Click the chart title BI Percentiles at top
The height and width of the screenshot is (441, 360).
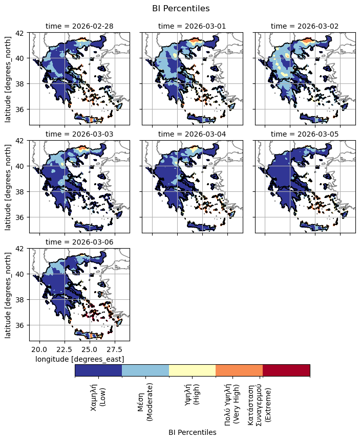click(x=181, y=8)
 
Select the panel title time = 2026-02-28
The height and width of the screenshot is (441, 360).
click(x=79, y=26)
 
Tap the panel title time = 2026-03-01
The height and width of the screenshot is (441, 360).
click(x=192, y=26)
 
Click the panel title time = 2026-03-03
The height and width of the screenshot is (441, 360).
click(x=79, y=134)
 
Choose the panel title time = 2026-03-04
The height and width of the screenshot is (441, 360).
click(x=192, y=134)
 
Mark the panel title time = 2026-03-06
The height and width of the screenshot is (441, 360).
click(x=79, y=242)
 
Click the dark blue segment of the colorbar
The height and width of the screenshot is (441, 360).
click(x=98, y=370)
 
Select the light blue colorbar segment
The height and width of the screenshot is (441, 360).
click(x=145, y=370)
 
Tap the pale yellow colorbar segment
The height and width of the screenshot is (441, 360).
click(x=192, y=370)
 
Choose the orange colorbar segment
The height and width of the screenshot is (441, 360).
click(x=239, y=370)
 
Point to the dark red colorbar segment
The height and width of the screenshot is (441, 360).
click(x=286, y=370)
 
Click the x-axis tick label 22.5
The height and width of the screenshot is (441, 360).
click(x=64, y=349)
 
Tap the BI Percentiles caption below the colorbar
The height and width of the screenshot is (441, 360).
click(x=192, y=432)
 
